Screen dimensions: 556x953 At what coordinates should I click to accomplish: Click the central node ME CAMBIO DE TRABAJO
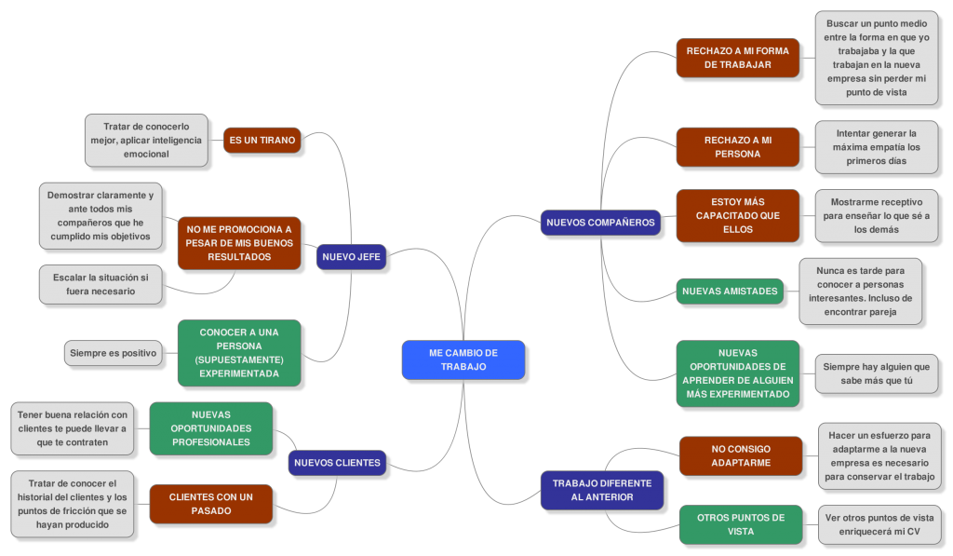(463, 359)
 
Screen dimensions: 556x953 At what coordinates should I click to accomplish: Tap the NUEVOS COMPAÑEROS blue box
(601, 223)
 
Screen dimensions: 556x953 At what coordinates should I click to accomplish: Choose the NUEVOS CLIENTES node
(337, 462)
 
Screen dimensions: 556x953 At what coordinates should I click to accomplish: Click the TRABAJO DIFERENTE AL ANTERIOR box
(602, 490)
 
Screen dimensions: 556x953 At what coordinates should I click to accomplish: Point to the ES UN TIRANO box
(262, 141)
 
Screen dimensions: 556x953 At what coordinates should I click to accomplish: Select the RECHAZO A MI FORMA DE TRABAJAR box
(737, 58)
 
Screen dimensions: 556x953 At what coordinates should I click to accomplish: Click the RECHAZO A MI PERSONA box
(737, 147)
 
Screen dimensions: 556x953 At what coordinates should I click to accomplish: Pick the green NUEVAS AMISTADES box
(730, 291)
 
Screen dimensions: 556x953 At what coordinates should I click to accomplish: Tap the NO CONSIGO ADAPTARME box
(740, 455)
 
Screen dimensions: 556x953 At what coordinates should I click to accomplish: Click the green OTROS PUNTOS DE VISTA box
(740, 524)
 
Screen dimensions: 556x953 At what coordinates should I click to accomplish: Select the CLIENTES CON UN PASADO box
(210, 504)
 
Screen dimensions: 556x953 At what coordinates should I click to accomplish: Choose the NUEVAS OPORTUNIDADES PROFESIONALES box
(210, 428)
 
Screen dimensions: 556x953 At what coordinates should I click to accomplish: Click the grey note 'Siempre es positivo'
(113, 353)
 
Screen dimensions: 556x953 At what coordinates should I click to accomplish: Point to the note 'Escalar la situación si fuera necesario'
(101, 284)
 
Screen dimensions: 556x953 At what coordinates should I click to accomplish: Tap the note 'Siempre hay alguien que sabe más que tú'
(876, 373)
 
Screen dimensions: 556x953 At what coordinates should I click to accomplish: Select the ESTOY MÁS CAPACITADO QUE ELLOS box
(737, 215)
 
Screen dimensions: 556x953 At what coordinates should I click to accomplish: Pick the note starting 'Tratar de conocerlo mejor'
(145, 140)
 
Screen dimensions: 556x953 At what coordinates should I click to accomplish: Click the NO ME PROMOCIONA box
(239, 242)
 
